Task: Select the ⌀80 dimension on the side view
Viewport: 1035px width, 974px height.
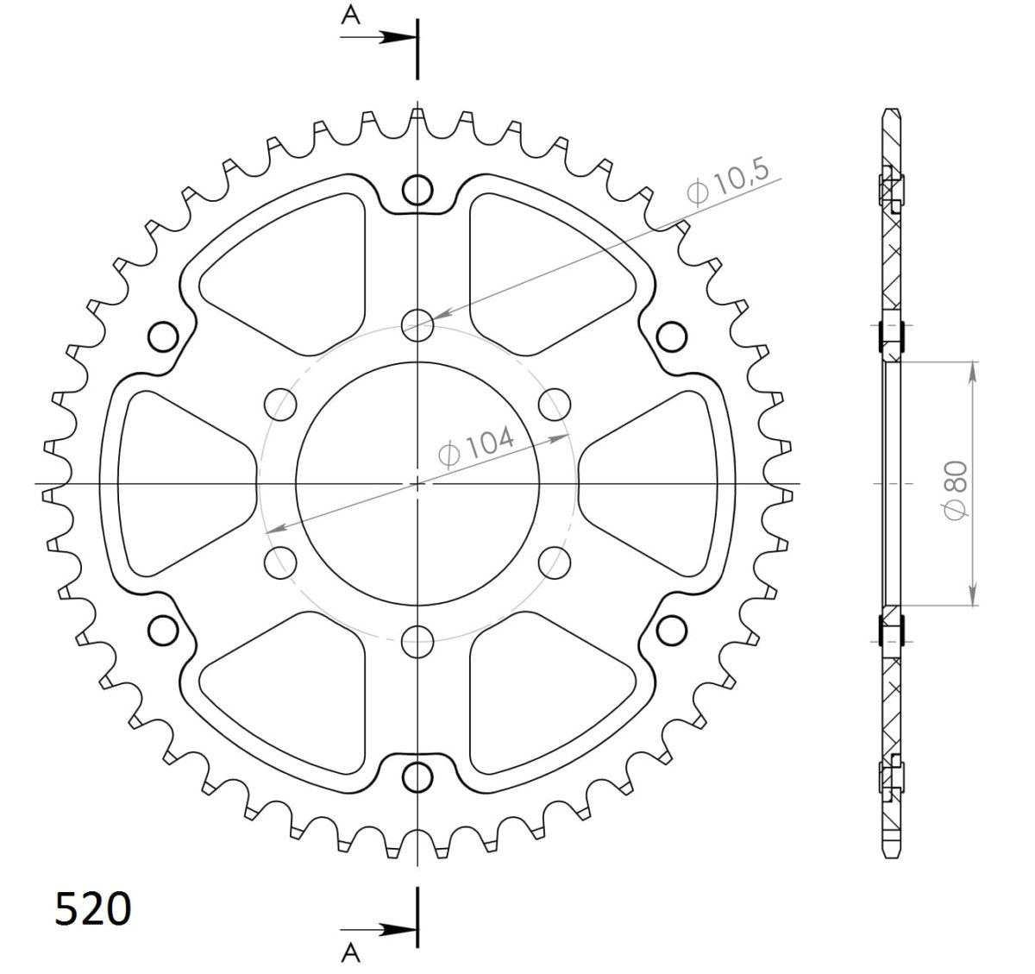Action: click(x=957, y=487)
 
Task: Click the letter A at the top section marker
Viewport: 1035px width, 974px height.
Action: click(x=350, y=16)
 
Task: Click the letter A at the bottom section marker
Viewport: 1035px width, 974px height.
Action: click(x=350, y=951)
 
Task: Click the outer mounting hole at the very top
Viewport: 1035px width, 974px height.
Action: click(x=418, y=190)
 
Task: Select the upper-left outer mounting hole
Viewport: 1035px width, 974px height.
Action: click(x=163, y=336)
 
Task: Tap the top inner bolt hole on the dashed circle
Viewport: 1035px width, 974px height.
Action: click(x=418, y=324)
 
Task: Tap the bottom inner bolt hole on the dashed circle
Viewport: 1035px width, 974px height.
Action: click(x=418, y=639)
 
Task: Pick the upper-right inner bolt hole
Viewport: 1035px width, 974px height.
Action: click(x=555, y=403)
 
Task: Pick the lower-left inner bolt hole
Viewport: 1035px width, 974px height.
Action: click(x=281, y=562)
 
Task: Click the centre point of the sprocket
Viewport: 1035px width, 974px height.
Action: click(x=418, y=483)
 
